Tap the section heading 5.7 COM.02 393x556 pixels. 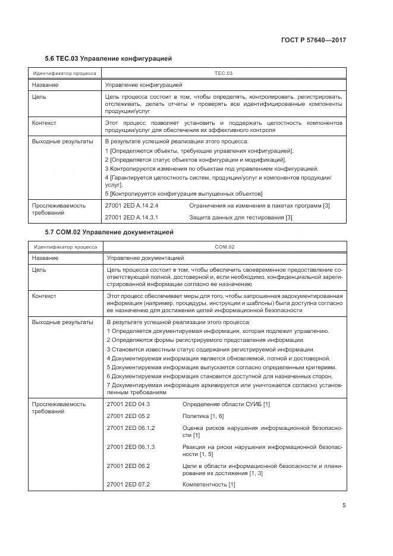coord(109,232)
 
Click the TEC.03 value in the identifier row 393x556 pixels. coord(223,74)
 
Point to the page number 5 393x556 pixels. coord(344,505)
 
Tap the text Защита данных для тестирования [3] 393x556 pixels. coord(241,218)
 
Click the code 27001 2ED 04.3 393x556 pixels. coord(128,404)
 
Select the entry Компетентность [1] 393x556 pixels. coord(209,485)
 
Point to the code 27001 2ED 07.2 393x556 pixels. coord(128,485)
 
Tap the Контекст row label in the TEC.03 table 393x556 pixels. coord(45,122)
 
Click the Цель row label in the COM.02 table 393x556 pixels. coord(39,270)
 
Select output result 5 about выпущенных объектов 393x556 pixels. coord(184,194)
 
